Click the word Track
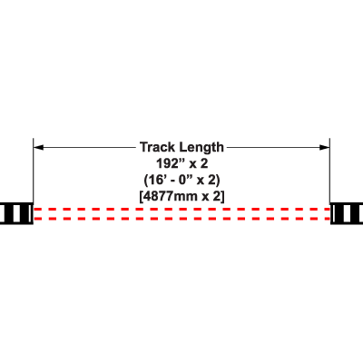[157, 147]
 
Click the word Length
[201, 148]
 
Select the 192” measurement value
[170, 163]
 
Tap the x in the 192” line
[192, 165]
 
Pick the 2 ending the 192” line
[204, 163]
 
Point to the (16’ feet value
[154, 181]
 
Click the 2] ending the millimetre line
[220, 197]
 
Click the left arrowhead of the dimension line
[38, 147]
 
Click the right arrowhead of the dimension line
[325, 147]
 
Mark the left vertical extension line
[34, 170]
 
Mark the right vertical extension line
[329, 170]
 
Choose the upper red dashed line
[181, 209]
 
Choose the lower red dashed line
[181, 219]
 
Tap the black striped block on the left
[16, 213]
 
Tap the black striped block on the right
[347, 213]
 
